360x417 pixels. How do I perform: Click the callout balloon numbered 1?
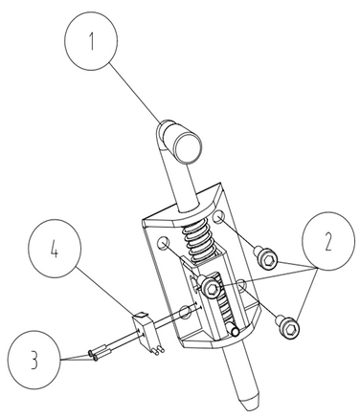click(x=91, y=41)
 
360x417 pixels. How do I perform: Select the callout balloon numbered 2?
click(x=328, y=240)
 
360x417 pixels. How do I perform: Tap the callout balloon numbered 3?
click(x=34, y=360)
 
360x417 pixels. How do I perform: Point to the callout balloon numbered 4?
click(x=55, y=249)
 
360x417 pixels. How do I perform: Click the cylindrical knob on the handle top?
click(x=183, y=142)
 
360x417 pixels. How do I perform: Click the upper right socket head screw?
click(x=265, y=259)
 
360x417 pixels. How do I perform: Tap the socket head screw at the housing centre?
click(x=210, y=287)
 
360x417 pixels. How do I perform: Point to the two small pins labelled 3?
click(x=100, y=355)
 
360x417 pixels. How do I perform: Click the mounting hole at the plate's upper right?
click(x=219, y=217)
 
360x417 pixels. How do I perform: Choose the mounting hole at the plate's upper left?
click(x=163, y=244)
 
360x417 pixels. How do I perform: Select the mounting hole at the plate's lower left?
click(x=185, y=312)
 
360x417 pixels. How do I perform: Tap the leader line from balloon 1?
click(x=136, y=94)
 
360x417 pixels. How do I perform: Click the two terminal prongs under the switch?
click(x=158, y=350)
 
